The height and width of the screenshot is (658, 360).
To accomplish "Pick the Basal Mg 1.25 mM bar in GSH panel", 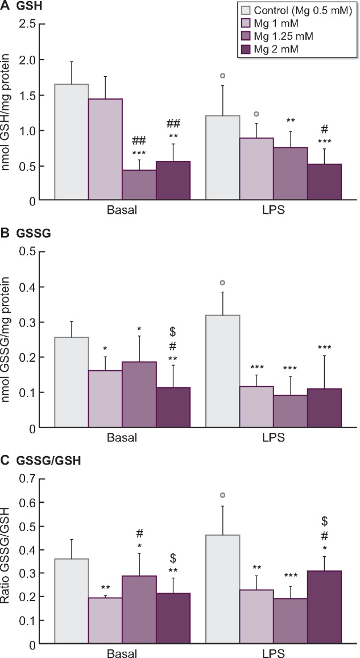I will [139, 185].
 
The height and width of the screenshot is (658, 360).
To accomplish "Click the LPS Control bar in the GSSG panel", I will [222, 371].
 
